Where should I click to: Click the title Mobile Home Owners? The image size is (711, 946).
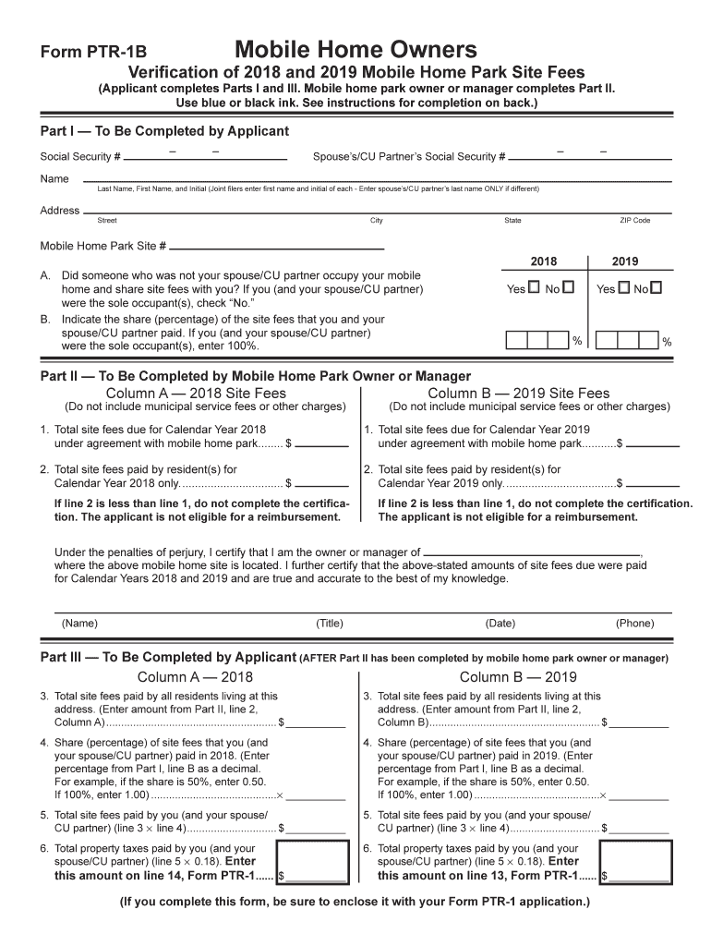pyautogui.click(x=355, y=49)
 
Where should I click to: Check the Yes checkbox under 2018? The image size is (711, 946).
pyautogui.click(x=533, y=288)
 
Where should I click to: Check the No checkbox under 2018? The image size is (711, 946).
pyautogui.click(x=568, y=288)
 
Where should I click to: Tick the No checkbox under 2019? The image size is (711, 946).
pyautogui.click(x=657, y=288)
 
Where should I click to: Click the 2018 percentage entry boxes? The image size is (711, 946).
pyautogui.click(x=536, y=341)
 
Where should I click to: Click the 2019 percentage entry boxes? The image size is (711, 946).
pyautogui.click(x=627, y=341)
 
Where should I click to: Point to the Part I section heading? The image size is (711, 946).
pyautogui.click(x=164, y=131)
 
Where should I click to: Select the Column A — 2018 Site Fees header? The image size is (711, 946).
pyautogui.click(x=197, y=393)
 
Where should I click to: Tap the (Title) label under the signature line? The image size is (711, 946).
pyautogui.click(x=330, y=624)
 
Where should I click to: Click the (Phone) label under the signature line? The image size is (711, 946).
pyautogui.click(x=635, y=624)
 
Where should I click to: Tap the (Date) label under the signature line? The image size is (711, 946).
pyautogui.click(x=500, y=624)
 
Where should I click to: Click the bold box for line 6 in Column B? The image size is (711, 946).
pyautogui.click(x=638, y=861)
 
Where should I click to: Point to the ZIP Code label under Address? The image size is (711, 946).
pyautogui.click(x=634, y=221)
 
